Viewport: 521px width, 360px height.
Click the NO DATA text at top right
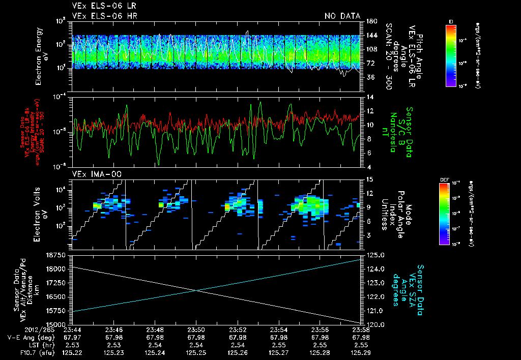point(342,16)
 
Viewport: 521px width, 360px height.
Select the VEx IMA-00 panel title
point(93,174)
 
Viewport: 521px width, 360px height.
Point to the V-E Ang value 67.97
point(72,337)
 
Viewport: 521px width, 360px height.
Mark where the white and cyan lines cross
point(197,291)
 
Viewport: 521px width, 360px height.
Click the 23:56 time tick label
point(319,329)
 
